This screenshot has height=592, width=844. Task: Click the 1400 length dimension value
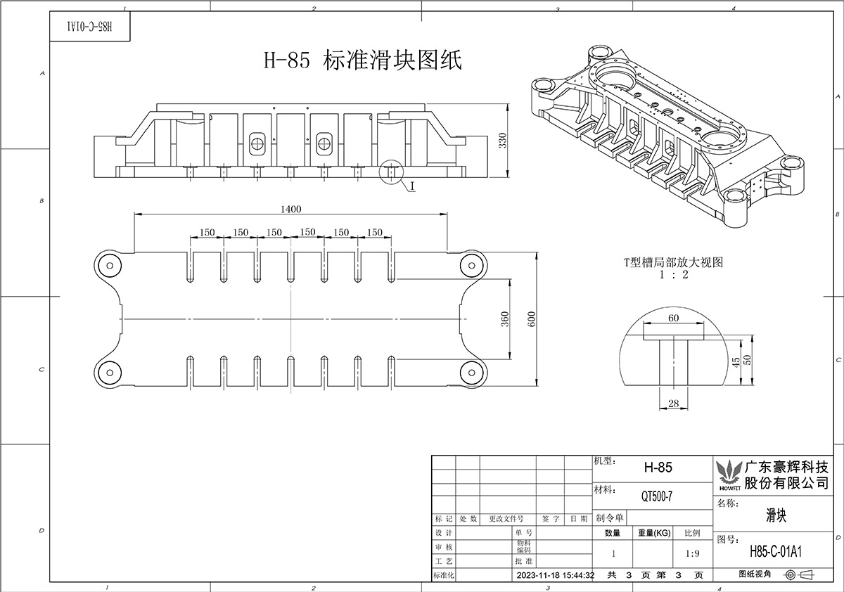291,209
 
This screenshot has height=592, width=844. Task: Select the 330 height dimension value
503,141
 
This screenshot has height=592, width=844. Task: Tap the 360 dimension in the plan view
505,319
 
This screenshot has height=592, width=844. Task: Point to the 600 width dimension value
531,319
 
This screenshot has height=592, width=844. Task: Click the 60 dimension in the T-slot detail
673,318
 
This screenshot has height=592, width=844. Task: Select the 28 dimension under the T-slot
673,404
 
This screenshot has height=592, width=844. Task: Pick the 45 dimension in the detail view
736,362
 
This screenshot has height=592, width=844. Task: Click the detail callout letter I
412,186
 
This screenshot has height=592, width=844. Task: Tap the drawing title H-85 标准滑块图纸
362,60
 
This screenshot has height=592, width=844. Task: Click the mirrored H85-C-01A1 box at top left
90,26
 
